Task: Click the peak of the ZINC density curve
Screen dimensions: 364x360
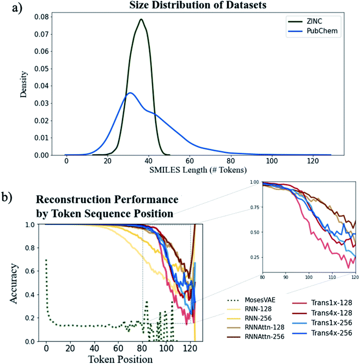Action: pos(141,20)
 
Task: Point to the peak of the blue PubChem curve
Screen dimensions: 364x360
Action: pos(130,93)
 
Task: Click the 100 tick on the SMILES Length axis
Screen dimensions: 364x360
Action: pos(272,162)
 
